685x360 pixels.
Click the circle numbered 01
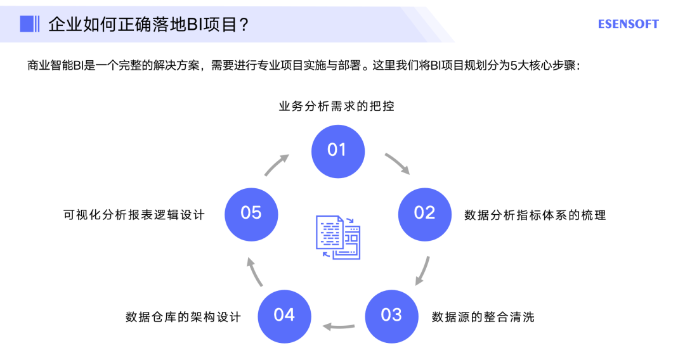(x=337, y=150)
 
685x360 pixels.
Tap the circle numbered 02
(x=424, y=214)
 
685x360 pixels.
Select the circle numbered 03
(x=391, y=315)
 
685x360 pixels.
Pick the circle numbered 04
(x=284, y=315)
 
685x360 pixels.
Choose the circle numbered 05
(x=251, y=214)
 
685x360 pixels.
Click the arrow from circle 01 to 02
(x=398, y=163)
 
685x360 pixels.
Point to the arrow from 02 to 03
(x=423, y=271)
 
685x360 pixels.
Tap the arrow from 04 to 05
(x=254, y=271)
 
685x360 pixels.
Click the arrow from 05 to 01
(x=277, y=164)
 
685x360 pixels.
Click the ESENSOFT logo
(x=628, y=24)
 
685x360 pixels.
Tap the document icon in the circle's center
(x=337, y=237)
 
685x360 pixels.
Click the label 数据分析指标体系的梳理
(x=535, y=215)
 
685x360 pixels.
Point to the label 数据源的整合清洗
(x=483, y=316)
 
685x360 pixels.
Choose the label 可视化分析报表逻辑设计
(x=134, y=215)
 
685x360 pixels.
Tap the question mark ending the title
(x=243, y=25)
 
